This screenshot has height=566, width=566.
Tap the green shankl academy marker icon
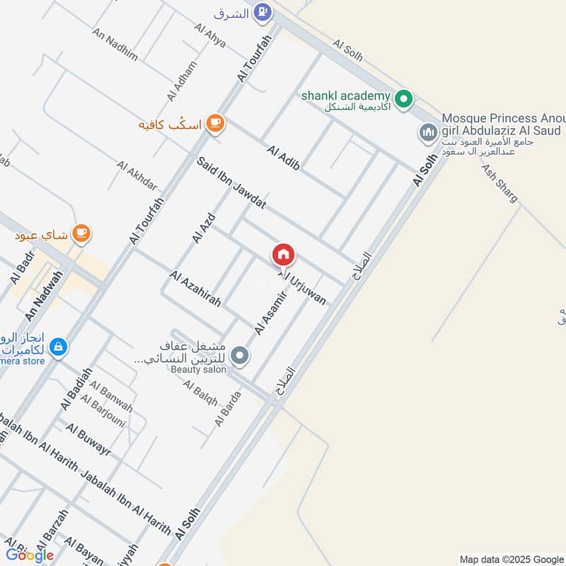[403, 99]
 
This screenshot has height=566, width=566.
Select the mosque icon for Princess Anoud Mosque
[428, 132]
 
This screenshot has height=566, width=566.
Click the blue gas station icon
[262, 12]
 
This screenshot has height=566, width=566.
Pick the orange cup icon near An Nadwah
[81, 233]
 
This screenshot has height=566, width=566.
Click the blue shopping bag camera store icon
[59, 347]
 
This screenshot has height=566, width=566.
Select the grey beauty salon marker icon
[241, 356]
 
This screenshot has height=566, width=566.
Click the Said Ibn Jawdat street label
[231, 183]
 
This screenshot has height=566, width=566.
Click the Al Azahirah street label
[195, 289]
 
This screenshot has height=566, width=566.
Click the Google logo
[30, 555]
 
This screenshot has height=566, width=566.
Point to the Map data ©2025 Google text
[510, 558]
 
